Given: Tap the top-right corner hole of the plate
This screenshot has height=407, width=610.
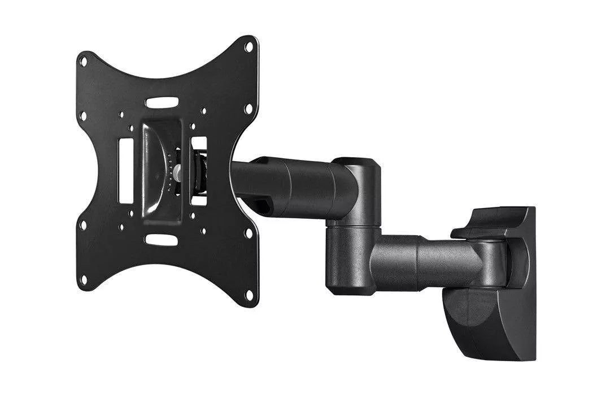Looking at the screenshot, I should coord(248,47).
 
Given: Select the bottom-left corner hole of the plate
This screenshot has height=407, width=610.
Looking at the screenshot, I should coord(84,279).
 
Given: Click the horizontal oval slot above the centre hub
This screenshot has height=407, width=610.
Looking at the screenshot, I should coord(162,103).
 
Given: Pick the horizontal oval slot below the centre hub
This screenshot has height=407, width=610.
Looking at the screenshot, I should coord(162,240).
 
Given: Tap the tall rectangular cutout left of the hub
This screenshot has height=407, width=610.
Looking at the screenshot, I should coord(125,170).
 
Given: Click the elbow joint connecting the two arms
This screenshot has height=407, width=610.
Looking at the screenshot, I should coord(354,226).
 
